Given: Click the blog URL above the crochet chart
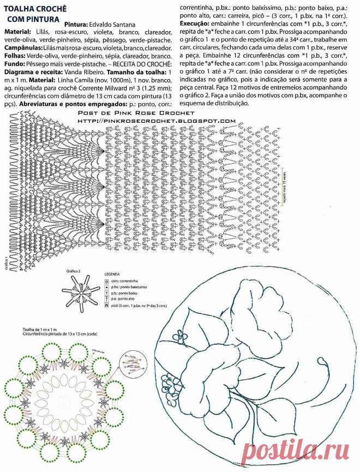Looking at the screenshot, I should (156, 121).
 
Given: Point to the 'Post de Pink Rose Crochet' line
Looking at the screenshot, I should (156, 112).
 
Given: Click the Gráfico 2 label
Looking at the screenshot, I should (74, 271).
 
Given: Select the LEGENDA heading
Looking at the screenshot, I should (112, 274).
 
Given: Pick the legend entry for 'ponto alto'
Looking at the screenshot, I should (122, 300).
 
